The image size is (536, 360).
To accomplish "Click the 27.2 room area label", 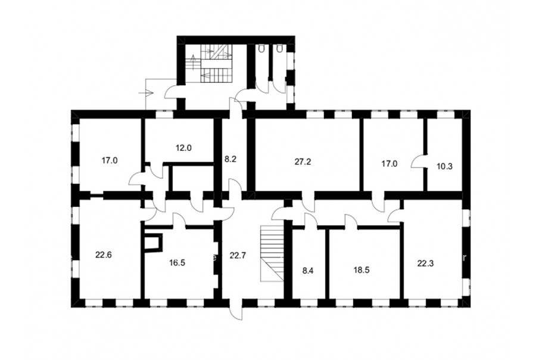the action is click(x=303, y=162).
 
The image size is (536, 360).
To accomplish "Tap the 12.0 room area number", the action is click(x=183, y=148).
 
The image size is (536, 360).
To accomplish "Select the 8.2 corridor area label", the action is click(x=230, y=159).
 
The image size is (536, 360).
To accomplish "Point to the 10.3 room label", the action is click(x=444, y=166).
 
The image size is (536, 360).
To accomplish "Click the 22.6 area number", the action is click(x=104, y=255).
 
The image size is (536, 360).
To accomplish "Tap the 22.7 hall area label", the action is click(x=238, y=255).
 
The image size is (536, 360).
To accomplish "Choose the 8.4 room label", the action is click(x=308, y=271).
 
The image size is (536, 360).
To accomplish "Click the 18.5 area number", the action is click(x=362, y=269).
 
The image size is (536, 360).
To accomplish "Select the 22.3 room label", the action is click(x=425, y=263).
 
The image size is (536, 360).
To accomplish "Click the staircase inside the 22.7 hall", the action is click(x=272, y=253).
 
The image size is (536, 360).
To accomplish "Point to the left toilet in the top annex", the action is click(x=262, y=49).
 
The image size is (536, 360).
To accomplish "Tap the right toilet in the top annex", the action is click(x=281, y=49).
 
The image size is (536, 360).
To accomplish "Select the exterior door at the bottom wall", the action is click(x=236, y=310).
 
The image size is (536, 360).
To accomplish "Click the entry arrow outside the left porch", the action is click(x=148, y=92).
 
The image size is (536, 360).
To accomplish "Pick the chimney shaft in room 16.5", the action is click(x=152, y=242).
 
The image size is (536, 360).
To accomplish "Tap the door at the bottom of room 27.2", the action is click(x=308, y=202).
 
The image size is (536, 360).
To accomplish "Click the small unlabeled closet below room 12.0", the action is click(x=192, y=178).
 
